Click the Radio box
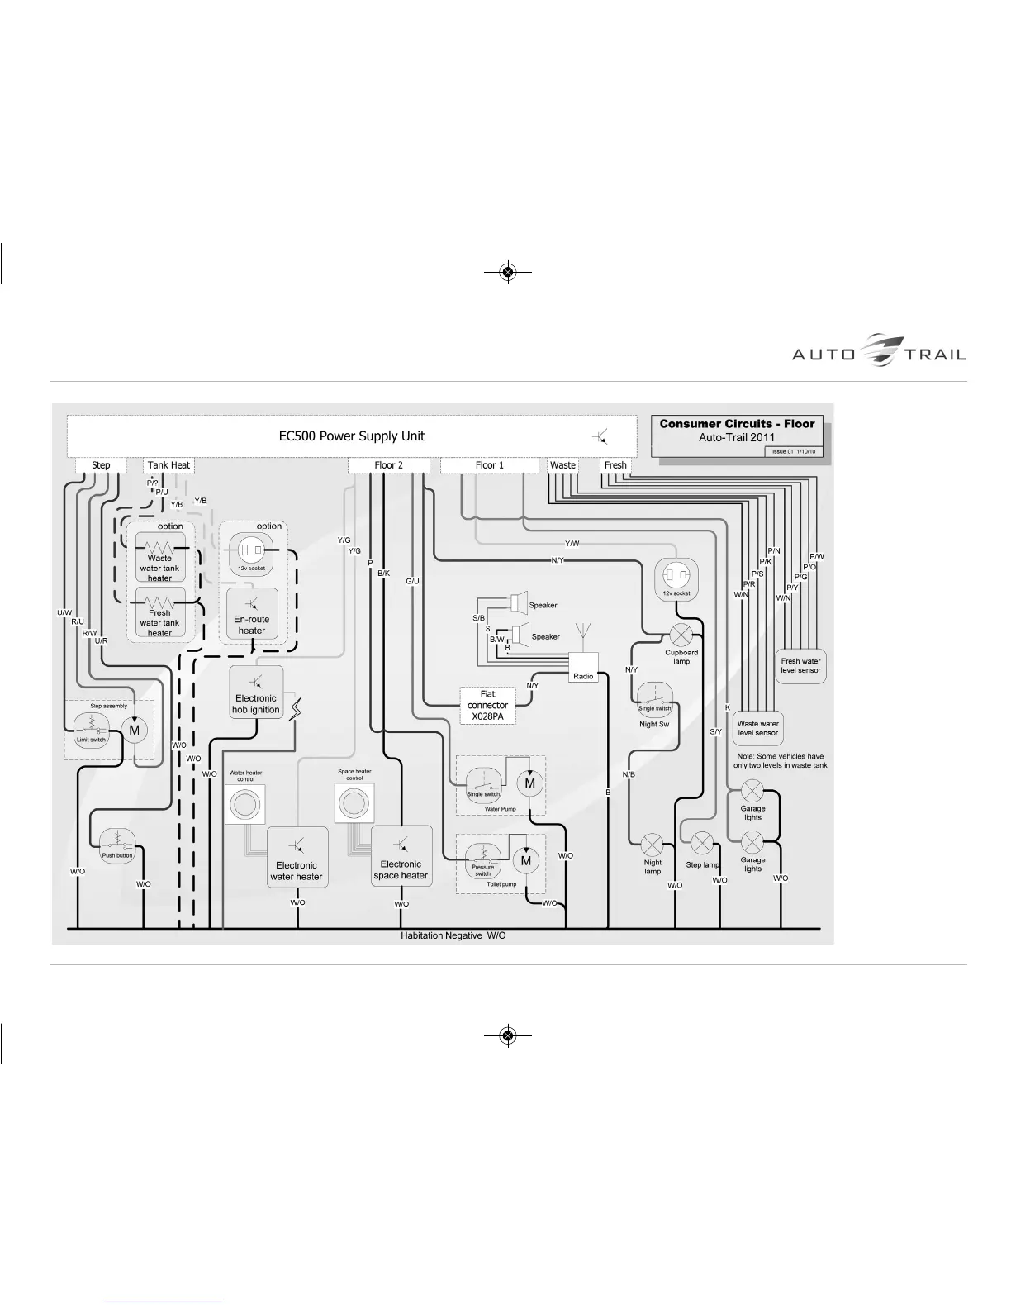[583, 668]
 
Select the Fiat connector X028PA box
[487, 706]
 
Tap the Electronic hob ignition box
[256, 693]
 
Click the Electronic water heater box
[297, 859]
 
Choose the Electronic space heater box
[401, 857]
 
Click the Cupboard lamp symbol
[681, 635]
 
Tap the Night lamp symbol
[653, 845]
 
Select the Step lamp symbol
[701, 844]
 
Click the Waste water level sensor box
[758, 728]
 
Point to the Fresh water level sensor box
[801, 665]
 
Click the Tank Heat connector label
[168, 465]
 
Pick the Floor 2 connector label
[389, 465]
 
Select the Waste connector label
[562, 465]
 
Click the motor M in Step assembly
[135, 730]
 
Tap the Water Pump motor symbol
[529, 783]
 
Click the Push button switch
[117, 843]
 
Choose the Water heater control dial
[245, 804]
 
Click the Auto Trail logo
[878, 350]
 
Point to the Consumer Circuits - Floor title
[737, 424]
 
